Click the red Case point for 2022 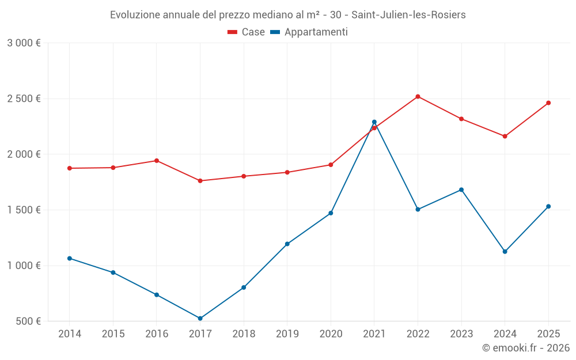[418, 97]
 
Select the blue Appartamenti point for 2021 [374, 122]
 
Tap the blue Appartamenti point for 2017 [200, 319]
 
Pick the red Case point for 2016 [157, 161]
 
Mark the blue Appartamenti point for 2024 [505, 252]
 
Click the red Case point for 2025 [548, 103]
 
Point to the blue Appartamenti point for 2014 [70, 259]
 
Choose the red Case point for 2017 [200, 181]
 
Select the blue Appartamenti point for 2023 [461, 190]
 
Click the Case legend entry [247, 32]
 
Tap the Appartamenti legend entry [309, 32]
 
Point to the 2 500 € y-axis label [24, 98]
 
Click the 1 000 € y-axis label [24, 266]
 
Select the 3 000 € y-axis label [24, 43]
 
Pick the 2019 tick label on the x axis [287, 334]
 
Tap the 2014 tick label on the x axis [70, 334]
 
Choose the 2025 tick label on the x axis [548, 334]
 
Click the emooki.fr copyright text [525, 348]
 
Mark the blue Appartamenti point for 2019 [287, 244]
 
